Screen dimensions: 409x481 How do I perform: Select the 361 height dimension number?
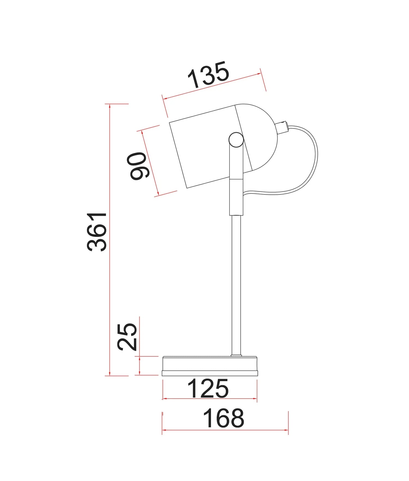click(97, 232)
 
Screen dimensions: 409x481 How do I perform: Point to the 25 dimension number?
click(127, 337)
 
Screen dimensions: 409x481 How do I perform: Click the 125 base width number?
click(208, 389)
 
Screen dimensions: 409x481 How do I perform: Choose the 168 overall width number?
click(224, 418)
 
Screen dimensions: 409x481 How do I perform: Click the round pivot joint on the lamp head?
click(236, 140)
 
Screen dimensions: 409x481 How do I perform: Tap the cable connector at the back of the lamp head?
click(282, 127)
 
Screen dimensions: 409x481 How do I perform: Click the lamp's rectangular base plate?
click(210, 366)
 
